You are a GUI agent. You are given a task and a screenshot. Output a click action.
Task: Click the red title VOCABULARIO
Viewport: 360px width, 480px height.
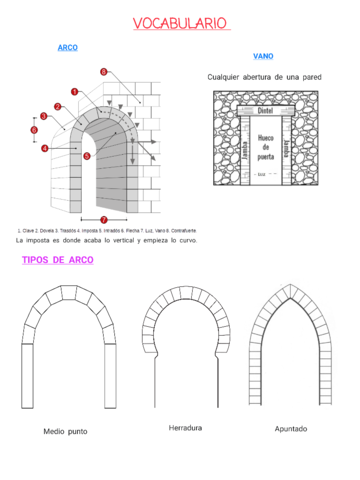[x=180, y=23]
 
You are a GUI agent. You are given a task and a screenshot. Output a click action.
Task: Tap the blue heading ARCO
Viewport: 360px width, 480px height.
[x=67, y=47]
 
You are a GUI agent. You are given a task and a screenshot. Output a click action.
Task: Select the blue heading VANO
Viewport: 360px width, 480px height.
[x=263, y=56]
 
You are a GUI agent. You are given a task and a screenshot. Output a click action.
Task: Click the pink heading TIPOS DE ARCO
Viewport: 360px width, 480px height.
[x=58, y=260]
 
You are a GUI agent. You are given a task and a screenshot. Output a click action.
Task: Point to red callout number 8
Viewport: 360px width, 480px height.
[x=104, y=72]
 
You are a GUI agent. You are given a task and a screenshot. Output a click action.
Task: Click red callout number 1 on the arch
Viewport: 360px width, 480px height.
[x=75, y=91]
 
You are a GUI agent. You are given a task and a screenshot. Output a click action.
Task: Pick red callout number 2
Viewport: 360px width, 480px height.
[x=58, y=106]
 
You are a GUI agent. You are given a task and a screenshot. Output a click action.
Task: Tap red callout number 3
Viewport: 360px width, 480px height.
[x=44, y=117]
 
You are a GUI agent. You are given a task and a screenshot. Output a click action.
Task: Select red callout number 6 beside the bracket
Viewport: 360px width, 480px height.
[x=34, y=129]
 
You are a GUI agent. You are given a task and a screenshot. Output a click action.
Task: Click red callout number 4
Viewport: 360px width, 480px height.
[x=45, y=148]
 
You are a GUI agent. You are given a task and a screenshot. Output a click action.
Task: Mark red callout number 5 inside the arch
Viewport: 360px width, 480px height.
[x=87, y=156]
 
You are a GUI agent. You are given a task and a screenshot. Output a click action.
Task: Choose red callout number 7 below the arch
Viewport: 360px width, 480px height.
[x=103, y=219]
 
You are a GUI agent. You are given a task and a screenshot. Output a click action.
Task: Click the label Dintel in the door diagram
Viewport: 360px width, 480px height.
[x=265, y=112]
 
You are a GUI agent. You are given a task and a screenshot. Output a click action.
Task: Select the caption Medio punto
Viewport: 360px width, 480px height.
[x=67, y=432]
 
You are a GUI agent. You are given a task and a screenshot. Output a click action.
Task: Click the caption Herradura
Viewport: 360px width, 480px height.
[x=185, y=428]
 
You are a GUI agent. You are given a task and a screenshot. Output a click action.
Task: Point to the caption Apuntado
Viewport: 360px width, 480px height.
[x=291, y=429]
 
